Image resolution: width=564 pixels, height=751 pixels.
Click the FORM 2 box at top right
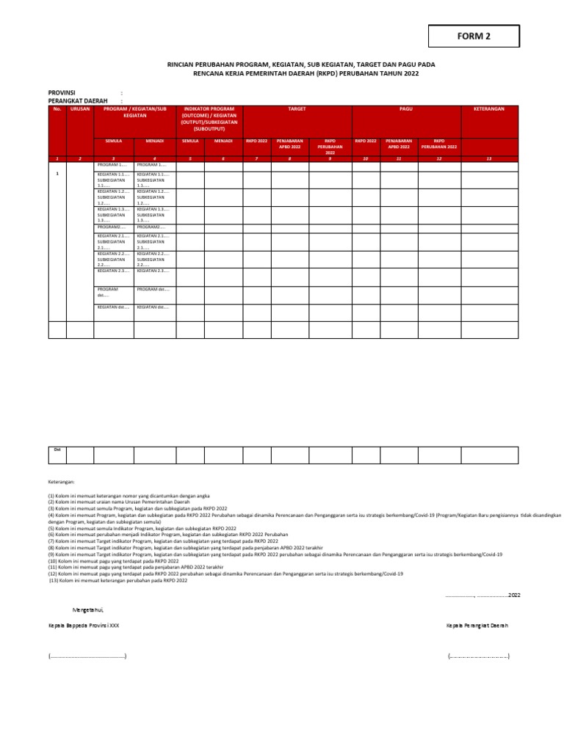(x=474, y=36)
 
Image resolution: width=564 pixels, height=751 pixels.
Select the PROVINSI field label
(x=62, y=92)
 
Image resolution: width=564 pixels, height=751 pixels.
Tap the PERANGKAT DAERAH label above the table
(x=78, y=100)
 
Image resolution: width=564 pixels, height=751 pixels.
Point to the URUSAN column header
(x=80, y=109)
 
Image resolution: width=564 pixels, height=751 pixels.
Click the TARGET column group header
(x=297, y=109)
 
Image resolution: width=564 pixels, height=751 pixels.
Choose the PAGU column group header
(x=406, y=109)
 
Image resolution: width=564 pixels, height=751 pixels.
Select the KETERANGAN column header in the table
(x=489, y=109)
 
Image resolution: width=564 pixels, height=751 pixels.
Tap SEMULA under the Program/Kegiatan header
(x=114, y=139)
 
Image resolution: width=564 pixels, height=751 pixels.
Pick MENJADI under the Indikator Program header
(x=223, y=139)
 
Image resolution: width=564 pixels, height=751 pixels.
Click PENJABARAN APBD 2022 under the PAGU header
(x=399, y=142)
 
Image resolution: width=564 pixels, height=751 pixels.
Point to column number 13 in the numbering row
(x=489, y=158)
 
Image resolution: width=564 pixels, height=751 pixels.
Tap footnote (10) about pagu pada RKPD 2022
(x=113, y=561)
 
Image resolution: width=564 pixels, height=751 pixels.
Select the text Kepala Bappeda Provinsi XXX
(x=83, y=626)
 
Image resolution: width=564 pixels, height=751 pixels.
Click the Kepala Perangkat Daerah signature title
(x=477, y=626)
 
